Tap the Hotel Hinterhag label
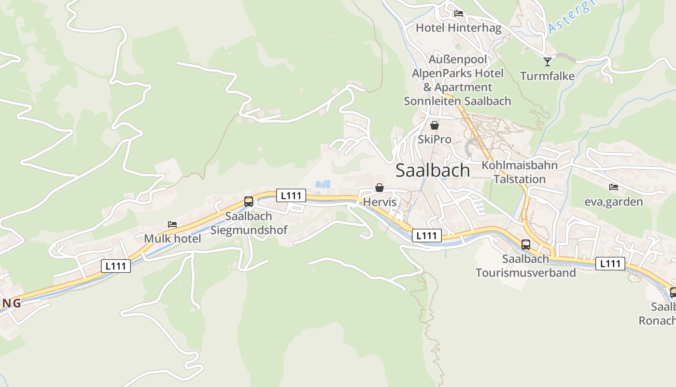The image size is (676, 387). (x=458, y=28)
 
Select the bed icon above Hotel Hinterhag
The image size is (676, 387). (x=459, y=14)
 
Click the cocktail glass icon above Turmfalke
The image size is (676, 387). (x=547, y=61)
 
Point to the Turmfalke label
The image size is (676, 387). (x=547, y=76)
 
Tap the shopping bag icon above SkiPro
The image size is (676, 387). (x=435, y=125)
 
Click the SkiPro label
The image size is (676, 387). (x=435, y=139)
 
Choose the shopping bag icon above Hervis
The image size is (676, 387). (x=380, y=188)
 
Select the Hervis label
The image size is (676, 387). (x=380, y=202)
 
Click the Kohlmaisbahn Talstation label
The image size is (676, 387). (x=520, y=172)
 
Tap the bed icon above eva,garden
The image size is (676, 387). (x=613, y=187)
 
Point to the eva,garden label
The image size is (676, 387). (x=613, y=202)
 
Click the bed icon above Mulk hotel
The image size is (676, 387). (x=172, y=224)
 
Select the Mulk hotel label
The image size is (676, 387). (x=172, y=238)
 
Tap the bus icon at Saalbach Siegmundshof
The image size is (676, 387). (x=249, y=202)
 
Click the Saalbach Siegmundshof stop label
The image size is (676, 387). (x=249, y=223)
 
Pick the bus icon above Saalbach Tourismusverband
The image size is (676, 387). (x=526, y=245)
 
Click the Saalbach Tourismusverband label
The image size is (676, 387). (x=526, y=266)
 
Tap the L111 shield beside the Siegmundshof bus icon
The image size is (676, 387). (x=291, y=195)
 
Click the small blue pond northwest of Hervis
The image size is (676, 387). (x=322, y=184)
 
